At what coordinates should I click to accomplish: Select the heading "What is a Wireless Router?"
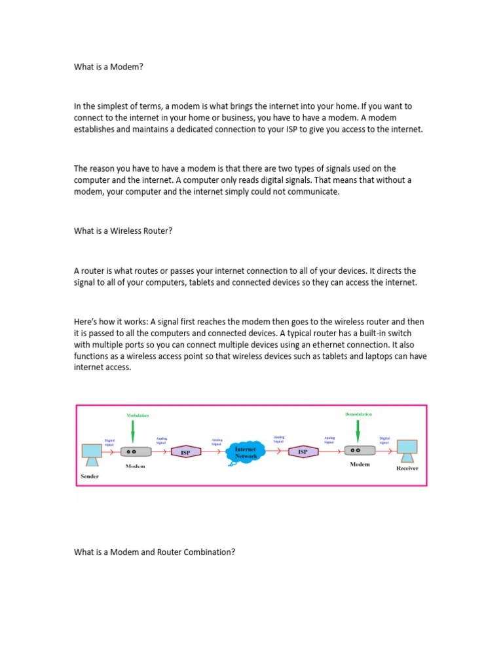coord(123,231)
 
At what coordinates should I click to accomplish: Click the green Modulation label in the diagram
coord(138,415)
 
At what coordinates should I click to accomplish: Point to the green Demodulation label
coord(358,414)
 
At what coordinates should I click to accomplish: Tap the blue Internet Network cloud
coord(246,452)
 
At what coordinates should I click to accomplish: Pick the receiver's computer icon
coord(407,450)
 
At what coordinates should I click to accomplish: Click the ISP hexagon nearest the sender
coord(185,452)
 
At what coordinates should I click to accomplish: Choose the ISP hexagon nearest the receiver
coord(303,451)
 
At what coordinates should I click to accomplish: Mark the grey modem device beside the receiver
coord(360,451)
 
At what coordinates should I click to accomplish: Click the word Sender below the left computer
coord(90,476)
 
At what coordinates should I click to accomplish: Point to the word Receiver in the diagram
coord(407,469)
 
